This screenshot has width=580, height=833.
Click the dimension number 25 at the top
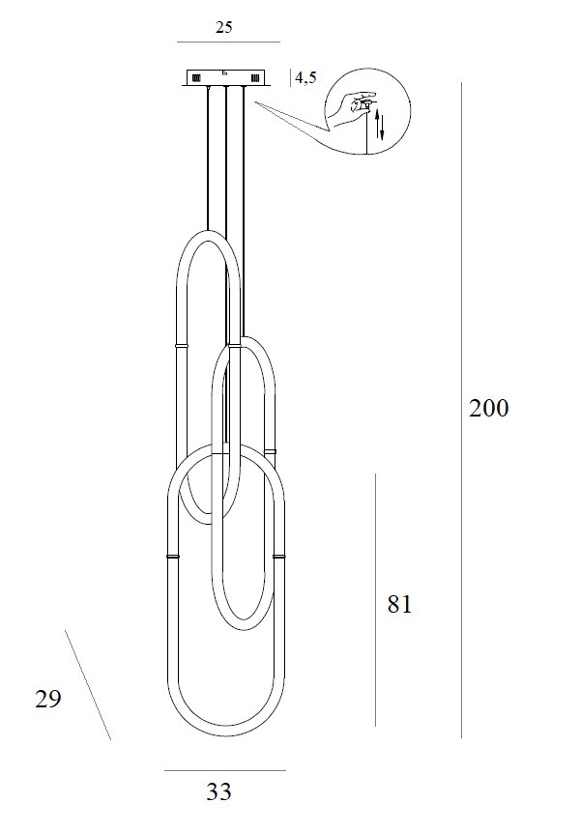point(223,27)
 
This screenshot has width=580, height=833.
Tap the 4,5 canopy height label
point(306,78)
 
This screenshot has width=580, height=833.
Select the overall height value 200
point(488,408)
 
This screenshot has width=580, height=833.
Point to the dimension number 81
point(399,605)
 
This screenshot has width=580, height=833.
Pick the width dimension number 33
point(219,792)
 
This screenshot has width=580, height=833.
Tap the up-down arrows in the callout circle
point(380,126)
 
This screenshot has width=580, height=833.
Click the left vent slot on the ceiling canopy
point(196,77)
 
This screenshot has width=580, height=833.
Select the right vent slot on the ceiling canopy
point(254,77)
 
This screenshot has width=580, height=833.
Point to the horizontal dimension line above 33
point(224,770)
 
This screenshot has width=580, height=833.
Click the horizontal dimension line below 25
point(228,43)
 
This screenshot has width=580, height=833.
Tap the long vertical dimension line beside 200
point(462,406)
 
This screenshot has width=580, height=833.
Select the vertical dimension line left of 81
point(375,599)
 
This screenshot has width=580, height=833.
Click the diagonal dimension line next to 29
point(88,685)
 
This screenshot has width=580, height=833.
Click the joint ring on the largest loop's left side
point(172,557)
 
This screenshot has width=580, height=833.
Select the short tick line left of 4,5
point(291,78)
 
